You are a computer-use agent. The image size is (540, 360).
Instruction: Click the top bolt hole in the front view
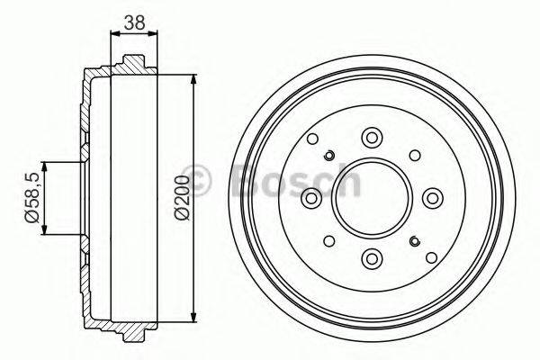[371, 138]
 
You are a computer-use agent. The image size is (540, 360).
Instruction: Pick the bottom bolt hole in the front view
[371, 259]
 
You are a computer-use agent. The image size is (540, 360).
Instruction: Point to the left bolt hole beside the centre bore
[310, 198]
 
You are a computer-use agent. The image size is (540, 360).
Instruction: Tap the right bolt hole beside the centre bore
[432, 198]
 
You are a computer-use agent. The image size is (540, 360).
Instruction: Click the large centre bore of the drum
[371, 198]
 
